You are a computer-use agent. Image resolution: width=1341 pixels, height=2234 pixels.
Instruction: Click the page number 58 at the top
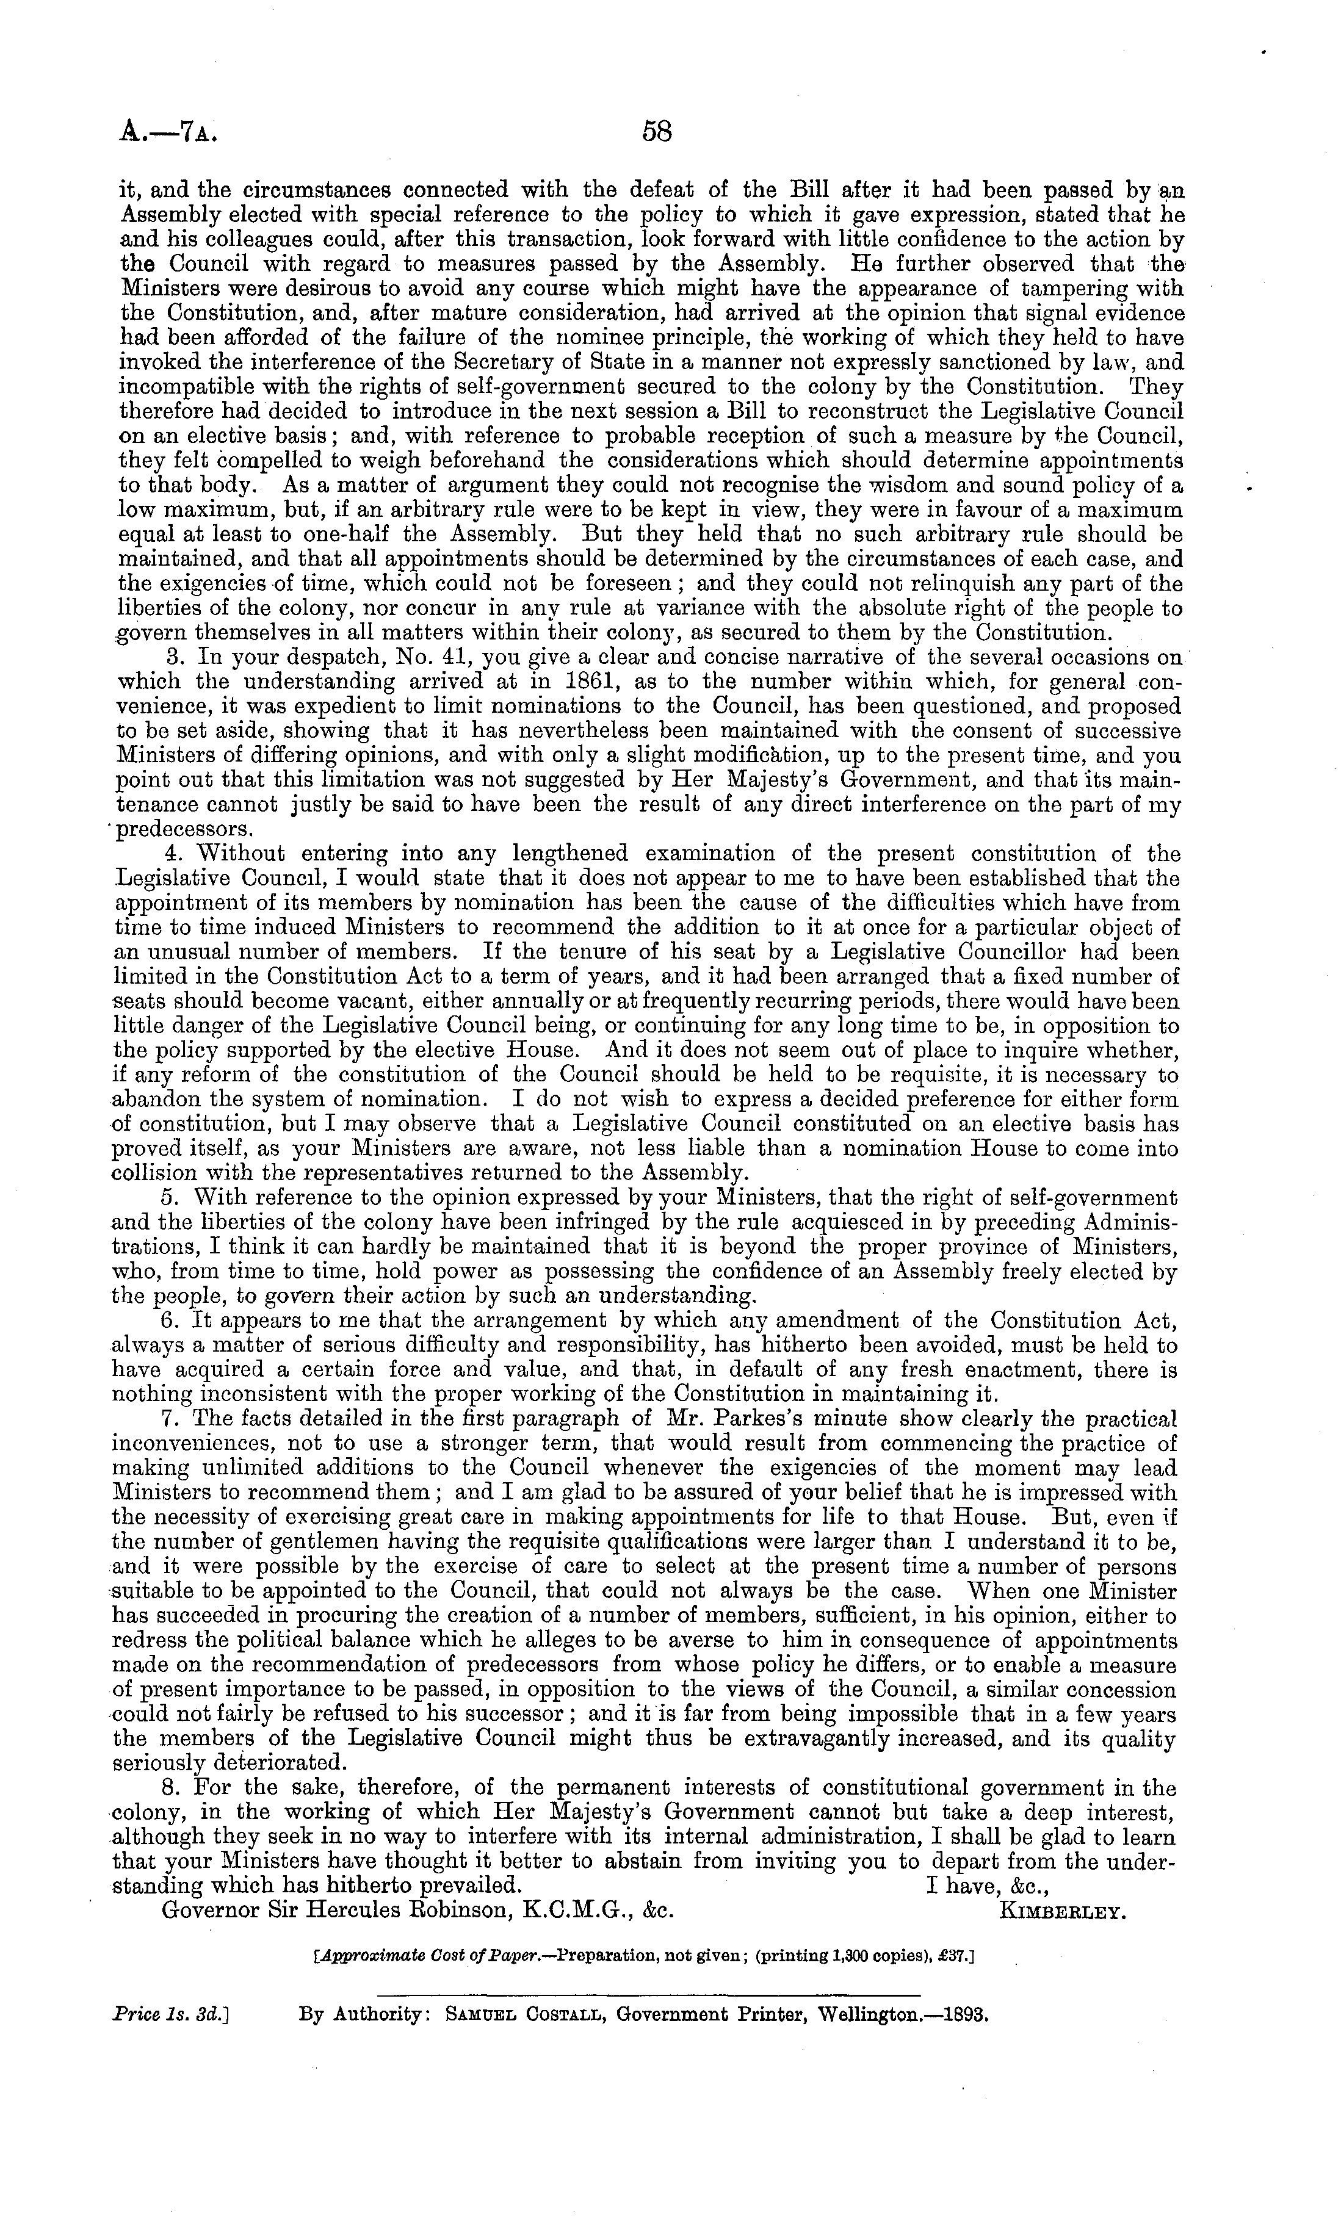pos(657,134)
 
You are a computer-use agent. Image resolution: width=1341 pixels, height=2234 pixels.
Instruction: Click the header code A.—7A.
pos(170,135)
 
